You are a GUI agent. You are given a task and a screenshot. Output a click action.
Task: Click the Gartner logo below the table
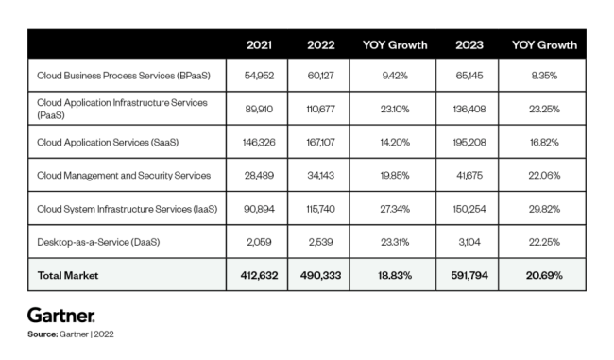click(x=61, y=313)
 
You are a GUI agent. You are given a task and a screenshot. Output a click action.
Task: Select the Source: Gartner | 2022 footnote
click(x=71, y=334)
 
